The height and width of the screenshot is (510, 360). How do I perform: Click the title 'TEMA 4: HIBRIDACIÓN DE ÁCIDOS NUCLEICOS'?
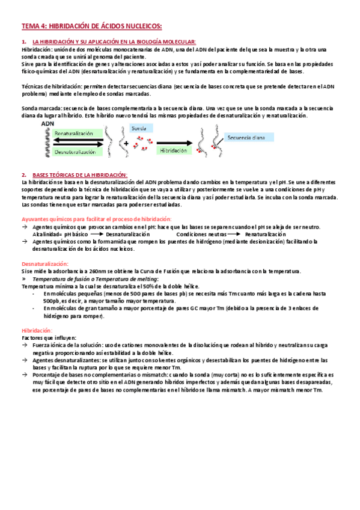[92, 26]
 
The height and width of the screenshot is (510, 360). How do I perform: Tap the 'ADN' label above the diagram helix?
[48, 123]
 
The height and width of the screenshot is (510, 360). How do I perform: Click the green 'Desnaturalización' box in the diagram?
[75, 152]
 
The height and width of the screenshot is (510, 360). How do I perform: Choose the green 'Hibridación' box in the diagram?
[172, 151]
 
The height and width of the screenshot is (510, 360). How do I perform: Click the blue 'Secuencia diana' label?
[250, 137]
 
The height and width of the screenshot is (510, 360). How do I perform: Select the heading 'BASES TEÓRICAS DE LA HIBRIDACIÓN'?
[79, 174]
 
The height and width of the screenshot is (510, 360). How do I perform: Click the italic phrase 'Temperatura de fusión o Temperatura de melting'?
[95, 279]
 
